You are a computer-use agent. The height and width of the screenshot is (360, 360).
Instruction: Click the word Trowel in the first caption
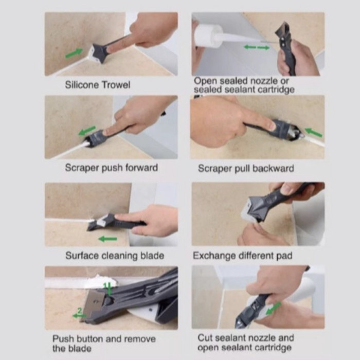pyautogui.click(x=116, y=85)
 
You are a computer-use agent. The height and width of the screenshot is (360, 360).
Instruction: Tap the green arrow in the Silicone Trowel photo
pyautogui.click(x=74, y=53)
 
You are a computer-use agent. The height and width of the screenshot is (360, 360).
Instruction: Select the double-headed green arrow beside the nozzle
pyautogui.click(x=257, y=47)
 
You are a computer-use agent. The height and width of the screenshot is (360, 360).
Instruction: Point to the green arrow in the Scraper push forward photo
pyautogui.click(x=87, y=131)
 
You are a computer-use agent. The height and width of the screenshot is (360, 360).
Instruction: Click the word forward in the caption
pyautogui.click(x=141, y=168)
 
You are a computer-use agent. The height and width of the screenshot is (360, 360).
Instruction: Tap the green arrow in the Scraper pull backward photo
pyautogui.click(x=313, y=133)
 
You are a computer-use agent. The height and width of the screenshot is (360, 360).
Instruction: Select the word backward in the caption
pyautogui.click(x=273, y=168)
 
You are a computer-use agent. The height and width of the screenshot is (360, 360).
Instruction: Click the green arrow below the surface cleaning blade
pyautogui.click(x=107, y=239)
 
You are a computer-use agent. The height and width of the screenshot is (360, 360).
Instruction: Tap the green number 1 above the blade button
pyautogui.click(x=105, y=285)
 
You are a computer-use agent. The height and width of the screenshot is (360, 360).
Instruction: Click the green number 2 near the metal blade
pyautogui.click(x=79, y=311)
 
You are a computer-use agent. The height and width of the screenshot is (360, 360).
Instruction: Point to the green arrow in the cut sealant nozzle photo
pyautogui.click(x=273, y=309)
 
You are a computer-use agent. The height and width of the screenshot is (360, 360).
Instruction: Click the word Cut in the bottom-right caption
pyautogui.click(x=205, y=338)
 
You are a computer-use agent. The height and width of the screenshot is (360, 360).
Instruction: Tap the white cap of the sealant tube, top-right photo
pyautogui.click(x=208, y=35)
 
